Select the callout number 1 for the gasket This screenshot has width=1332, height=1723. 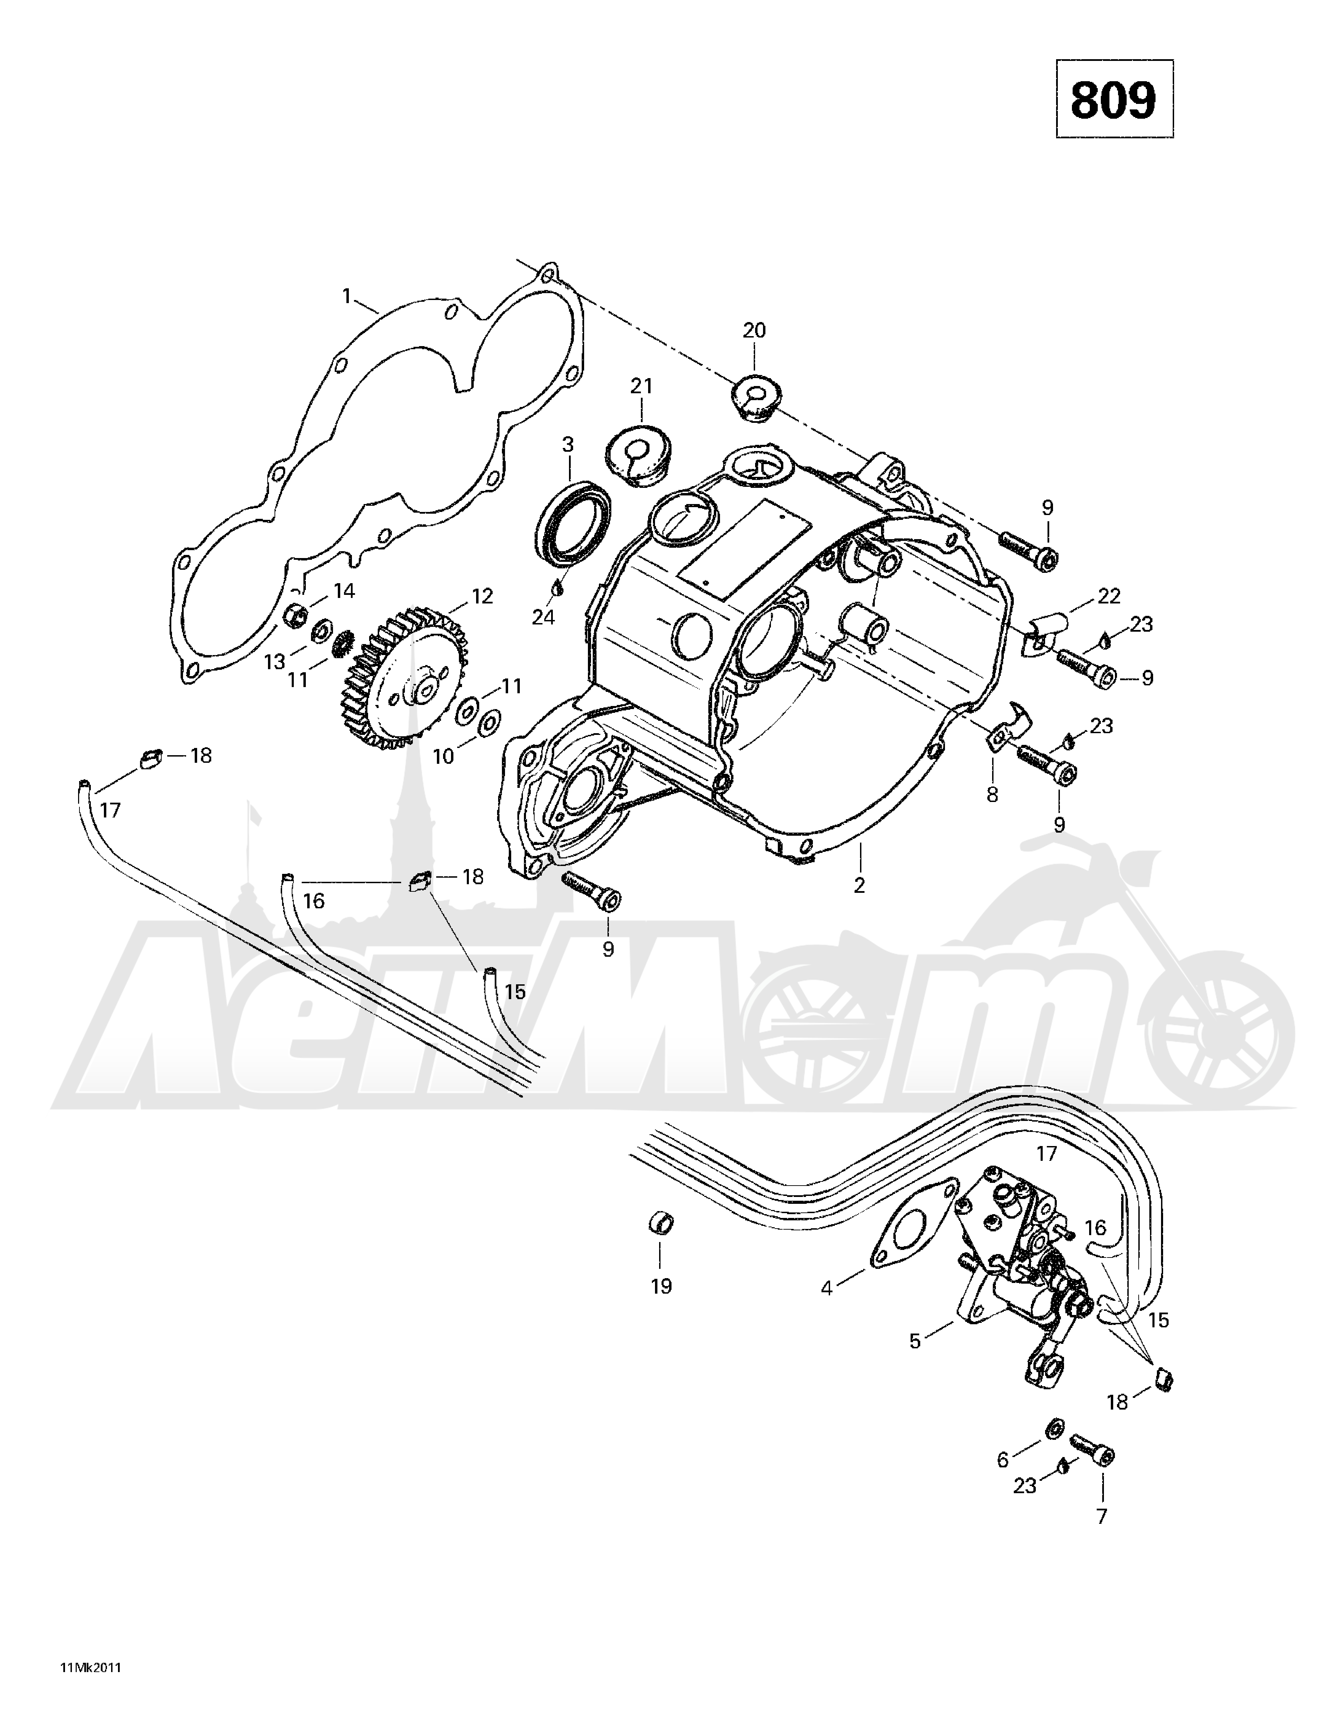tap(346, 297)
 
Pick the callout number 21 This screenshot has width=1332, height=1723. tap(641, 387)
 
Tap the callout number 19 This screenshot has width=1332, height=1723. tap(661, 1287)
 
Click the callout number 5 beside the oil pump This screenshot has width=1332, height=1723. tap(915, 1341)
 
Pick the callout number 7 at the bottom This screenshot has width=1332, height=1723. tap(1102, 1516)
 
